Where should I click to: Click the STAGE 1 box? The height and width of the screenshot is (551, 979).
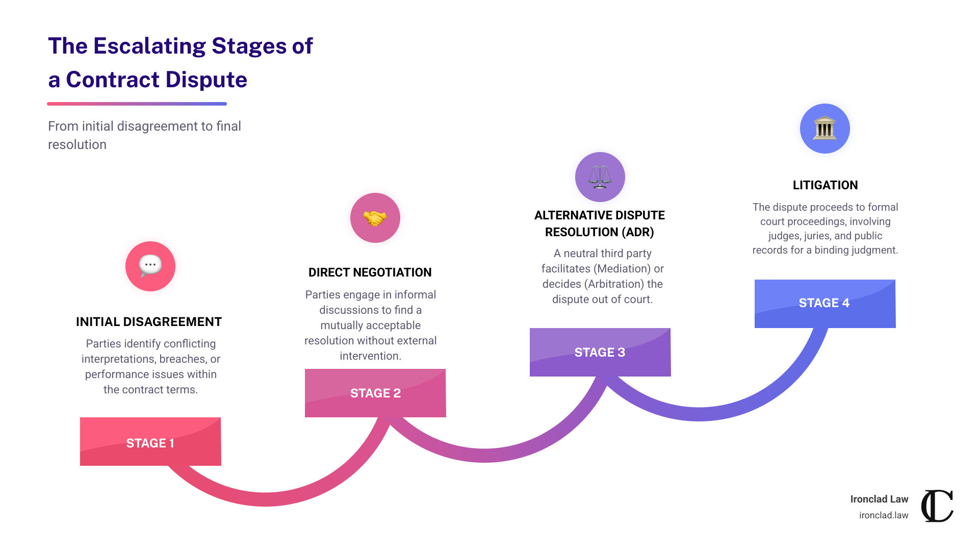click(150, 441)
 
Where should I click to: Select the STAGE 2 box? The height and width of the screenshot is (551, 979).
click(375, 393)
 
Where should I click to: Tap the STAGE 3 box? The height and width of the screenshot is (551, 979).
click(600, 352)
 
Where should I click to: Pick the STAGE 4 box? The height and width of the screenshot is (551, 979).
click(825, 304)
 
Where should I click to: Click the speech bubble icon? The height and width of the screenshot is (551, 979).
click(150, 266)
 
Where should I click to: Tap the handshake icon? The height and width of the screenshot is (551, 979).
click(375, 218)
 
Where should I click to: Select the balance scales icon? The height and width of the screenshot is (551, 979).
click(600, 177)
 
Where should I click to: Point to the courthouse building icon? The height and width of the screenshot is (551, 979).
click(825, 128)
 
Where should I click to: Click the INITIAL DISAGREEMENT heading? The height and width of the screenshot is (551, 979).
click(149, 322)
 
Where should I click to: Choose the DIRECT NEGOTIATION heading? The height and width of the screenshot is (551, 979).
click(370, 272)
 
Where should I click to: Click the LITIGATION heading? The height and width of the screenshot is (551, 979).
click(825, 185)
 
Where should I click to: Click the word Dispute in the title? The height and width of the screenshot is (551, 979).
click(206, 80)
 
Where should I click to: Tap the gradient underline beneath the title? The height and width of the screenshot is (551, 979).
click(137, 104)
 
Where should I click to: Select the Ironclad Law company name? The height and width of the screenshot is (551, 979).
click(879, 499)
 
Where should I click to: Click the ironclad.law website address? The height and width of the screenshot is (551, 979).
click(884, 515)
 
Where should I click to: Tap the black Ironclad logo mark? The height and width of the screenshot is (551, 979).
click(937, 506)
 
